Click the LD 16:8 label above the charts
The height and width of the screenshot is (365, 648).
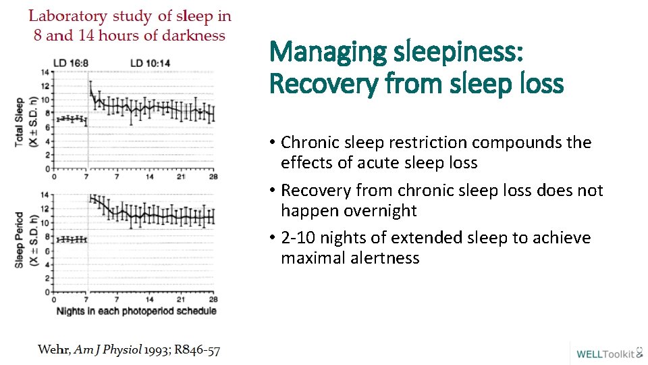coord(71,63)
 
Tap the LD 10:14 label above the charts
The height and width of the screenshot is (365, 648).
coord(149,63)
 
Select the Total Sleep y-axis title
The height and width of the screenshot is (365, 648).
coord(20,122)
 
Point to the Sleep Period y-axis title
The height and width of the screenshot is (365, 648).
coord(20,240)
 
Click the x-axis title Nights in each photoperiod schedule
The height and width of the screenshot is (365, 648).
coord(137,311)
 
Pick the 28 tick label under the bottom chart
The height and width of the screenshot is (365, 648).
coord(213,299)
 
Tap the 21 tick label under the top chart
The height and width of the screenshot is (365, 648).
coord(182,176)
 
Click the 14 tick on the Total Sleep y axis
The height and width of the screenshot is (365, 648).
coord(44,72)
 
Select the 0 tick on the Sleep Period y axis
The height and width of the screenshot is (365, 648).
coord(46,292)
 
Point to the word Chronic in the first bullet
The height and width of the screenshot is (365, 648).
coord(309,143)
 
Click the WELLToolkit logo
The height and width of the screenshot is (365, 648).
coord(608,353)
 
